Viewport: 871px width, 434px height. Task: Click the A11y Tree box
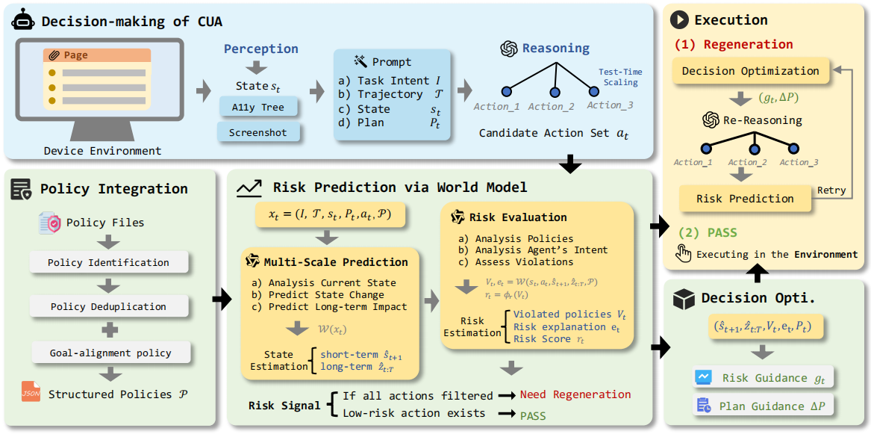tap(257, 107)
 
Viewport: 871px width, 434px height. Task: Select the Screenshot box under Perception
tap(257, 133)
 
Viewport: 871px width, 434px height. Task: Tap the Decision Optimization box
tap(750, 72)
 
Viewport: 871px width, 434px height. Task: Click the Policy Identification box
tap(108, 262)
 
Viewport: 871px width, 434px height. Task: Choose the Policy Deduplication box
tap(108, 307)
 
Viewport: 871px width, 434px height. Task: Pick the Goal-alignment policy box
tap(110, 353)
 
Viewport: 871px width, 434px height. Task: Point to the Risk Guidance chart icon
tap(703, 378)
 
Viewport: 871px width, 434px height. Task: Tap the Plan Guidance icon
tap(703, 406)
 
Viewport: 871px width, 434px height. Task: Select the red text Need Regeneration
tap(575, 394)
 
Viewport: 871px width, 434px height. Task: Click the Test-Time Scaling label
tap(620, 77)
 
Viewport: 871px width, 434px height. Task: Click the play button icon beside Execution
tap(679, 20)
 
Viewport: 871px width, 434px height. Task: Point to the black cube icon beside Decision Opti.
tap(683, 300)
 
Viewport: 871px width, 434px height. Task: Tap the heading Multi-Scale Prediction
tap(336, 262)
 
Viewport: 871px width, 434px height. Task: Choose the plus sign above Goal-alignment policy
tap(108, 330)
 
